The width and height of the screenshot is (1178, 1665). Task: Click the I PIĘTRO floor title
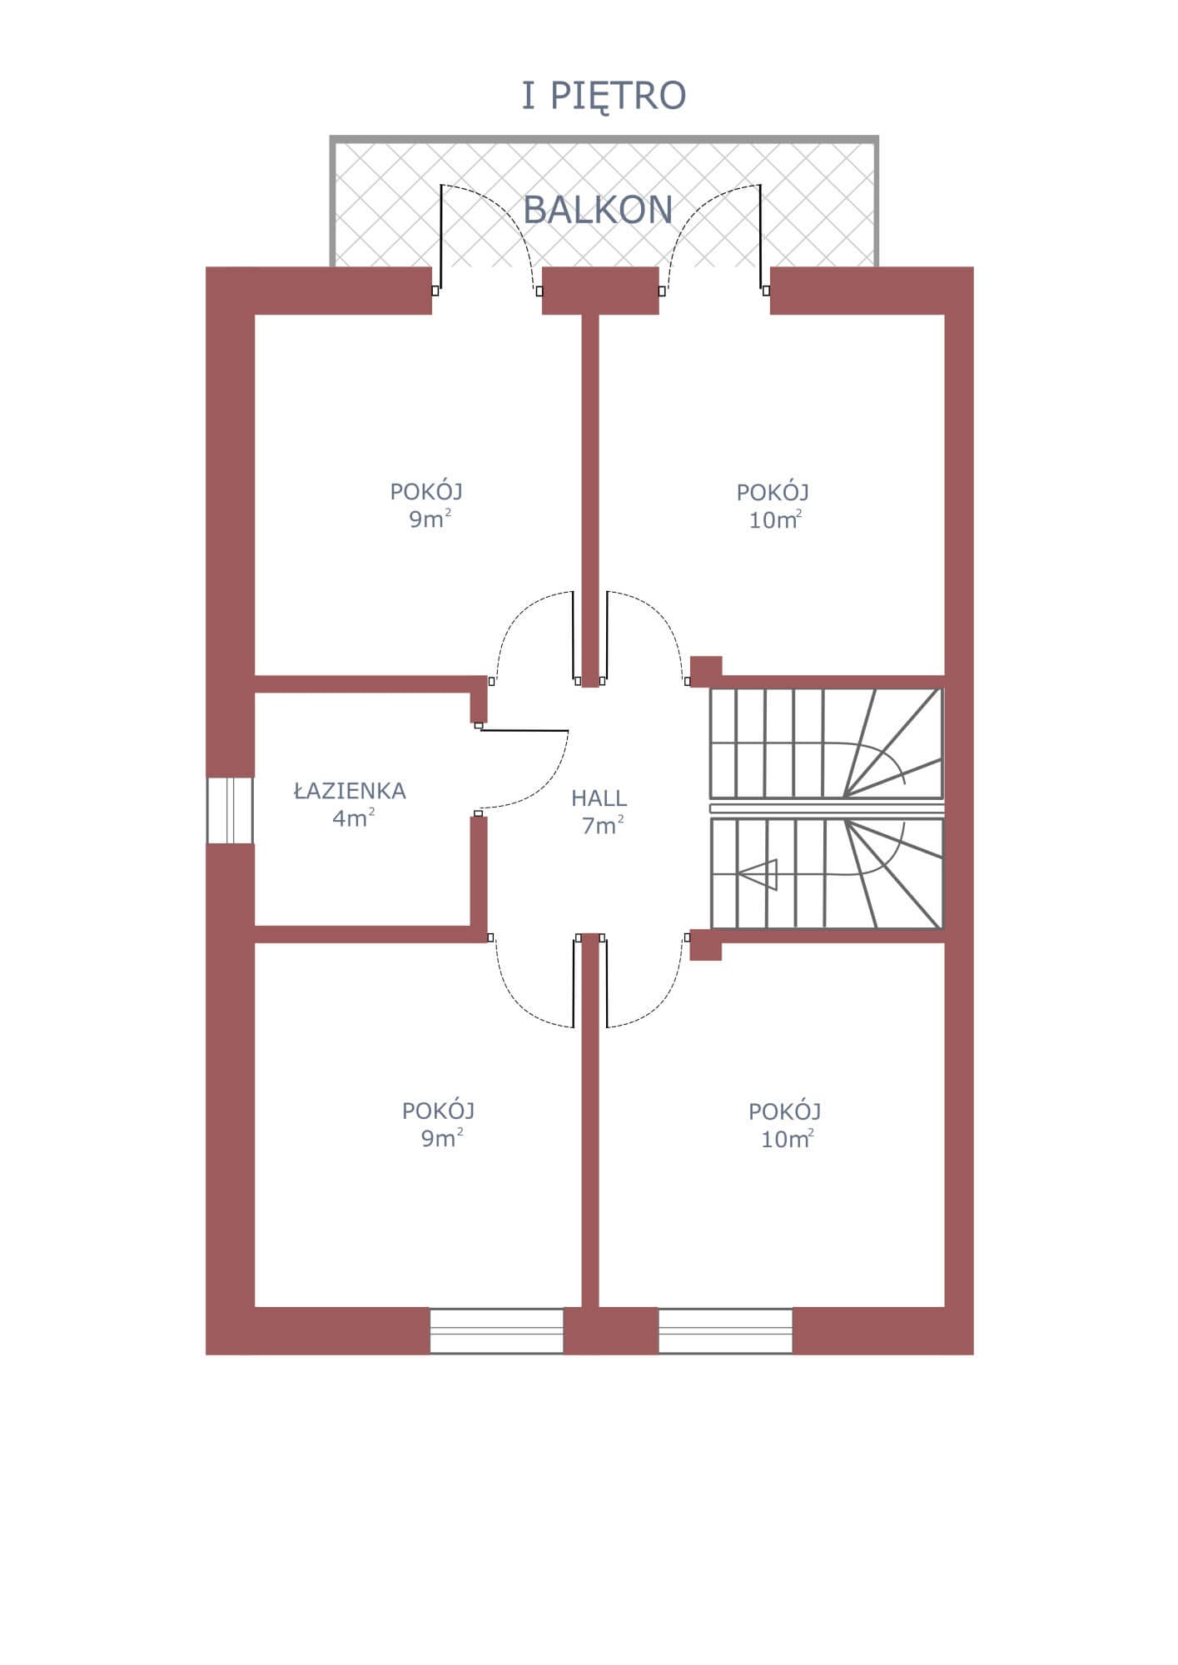(x=604, y=97)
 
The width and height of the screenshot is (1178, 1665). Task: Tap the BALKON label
(x=598, y=210)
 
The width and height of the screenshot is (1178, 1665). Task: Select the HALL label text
(x=599, y=798)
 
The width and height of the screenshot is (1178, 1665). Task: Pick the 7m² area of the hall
(x=604, y=826)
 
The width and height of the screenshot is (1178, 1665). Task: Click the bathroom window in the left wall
(x=230, y=810)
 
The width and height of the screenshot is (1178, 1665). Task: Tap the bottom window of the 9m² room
(x=497, y=1330)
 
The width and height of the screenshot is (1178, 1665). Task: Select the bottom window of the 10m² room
(x=726, y=1330)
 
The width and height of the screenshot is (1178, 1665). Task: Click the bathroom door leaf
(x=524, y=730)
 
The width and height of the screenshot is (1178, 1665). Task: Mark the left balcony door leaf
(x=440, y=236)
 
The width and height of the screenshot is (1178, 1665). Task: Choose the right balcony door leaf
(x=760, y=236)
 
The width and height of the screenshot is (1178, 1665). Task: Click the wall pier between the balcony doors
(x=600, y=291)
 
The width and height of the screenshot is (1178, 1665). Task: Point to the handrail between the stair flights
(x=828, y=808)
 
